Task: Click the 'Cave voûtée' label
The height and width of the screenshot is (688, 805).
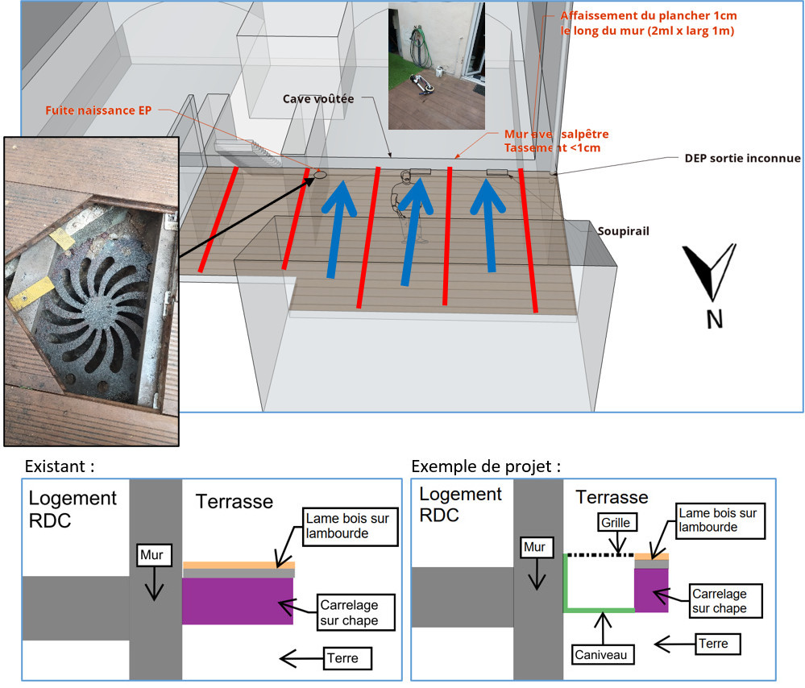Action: click(x=317, y=99)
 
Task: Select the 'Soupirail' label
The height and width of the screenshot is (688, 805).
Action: click(x=623, y=230)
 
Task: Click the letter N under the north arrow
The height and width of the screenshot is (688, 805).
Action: click(x=714, y=319)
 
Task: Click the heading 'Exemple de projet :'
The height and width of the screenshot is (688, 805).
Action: click(x=485, y=466)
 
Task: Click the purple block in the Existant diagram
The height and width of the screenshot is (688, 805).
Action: click(x=237, y=601)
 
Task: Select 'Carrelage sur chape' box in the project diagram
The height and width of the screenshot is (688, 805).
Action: click(x=719, y=601)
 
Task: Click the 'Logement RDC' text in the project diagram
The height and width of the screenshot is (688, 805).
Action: click(x=460, y=504)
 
